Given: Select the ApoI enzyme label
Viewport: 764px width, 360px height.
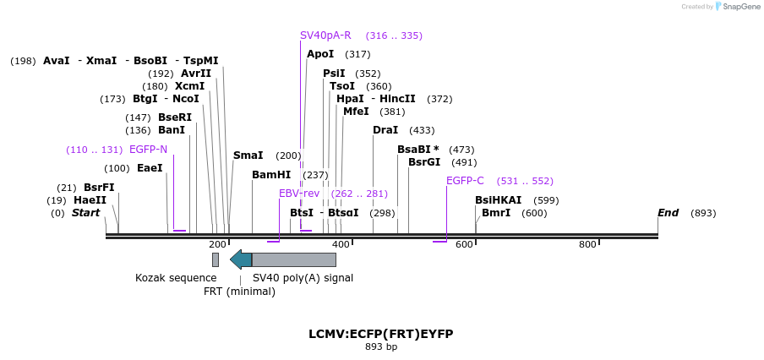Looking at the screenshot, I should click(320, 54).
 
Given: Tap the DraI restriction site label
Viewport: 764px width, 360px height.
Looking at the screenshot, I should click(385, 130).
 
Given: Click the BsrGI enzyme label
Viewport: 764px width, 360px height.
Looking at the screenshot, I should click(424, 162).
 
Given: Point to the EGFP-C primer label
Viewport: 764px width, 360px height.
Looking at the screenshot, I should click(465, 180).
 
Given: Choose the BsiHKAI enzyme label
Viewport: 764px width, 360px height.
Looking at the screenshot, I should click(498, 200).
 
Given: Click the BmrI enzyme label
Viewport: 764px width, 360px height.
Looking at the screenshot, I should click(496, 213).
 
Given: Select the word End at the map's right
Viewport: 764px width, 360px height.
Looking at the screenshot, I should click(668, 213).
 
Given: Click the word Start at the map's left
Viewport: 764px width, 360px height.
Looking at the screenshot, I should click(85, 213).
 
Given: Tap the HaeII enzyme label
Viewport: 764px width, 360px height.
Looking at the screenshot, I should click(90, 200).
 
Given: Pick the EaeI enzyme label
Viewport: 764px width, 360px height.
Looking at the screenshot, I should click(150, 168).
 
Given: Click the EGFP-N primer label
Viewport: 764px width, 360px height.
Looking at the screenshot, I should click(148, 150).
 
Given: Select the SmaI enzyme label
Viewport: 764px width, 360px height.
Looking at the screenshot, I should click(248, 155).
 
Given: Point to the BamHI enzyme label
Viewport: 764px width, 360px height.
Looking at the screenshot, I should click(271, 175).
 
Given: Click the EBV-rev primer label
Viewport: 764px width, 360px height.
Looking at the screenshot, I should click(299, 194).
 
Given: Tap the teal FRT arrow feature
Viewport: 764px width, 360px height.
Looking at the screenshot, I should click(241, 259).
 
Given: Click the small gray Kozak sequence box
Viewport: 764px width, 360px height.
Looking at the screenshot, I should click(216, 259).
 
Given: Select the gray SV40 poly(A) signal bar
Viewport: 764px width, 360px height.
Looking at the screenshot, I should click(294, 259).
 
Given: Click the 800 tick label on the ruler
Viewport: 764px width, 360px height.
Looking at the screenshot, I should click(587, 244).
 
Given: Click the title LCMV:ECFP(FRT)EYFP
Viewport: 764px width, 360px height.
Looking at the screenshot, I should click(381, 334).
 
